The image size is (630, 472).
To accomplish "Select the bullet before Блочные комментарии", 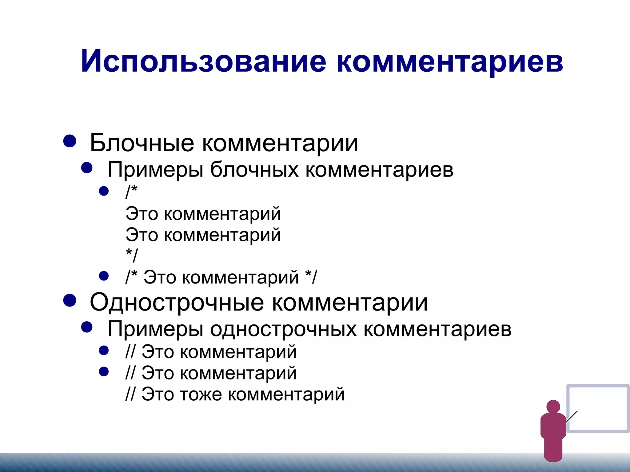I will click(70, 141).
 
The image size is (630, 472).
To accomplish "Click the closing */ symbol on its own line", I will click(132, 255).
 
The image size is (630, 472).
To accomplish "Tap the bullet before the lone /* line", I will click(104, 191).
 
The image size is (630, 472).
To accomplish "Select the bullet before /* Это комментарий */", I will click(104, 276).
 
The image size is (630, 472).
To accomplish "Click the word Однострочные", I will click(177, 303).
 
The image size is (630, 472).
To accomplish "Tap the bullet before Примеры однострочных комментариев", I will click(87, 327).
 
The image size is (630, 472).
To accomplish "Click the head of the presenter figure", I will click(553, 407).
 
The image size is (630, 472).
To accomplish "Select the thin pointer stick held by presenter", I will click(571, 417).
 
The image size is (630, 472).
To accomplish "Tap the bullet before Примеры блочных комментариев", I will click(87, 168).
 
